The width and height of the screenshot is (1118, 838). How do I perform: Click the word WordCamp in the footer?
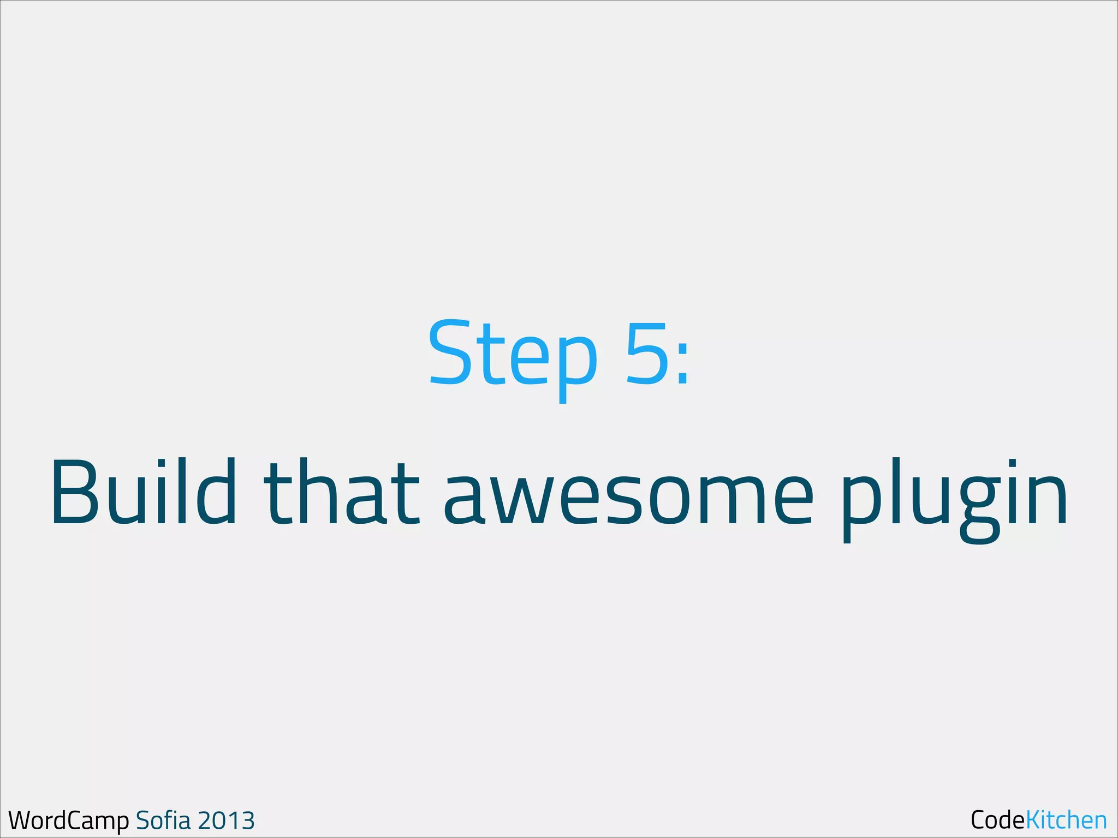coord(69,820)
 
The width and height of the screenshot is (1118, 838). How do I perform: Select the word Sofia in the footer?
coord(163,820)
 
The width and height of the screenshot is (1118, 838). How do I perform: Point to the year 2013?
coord(225,821)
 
